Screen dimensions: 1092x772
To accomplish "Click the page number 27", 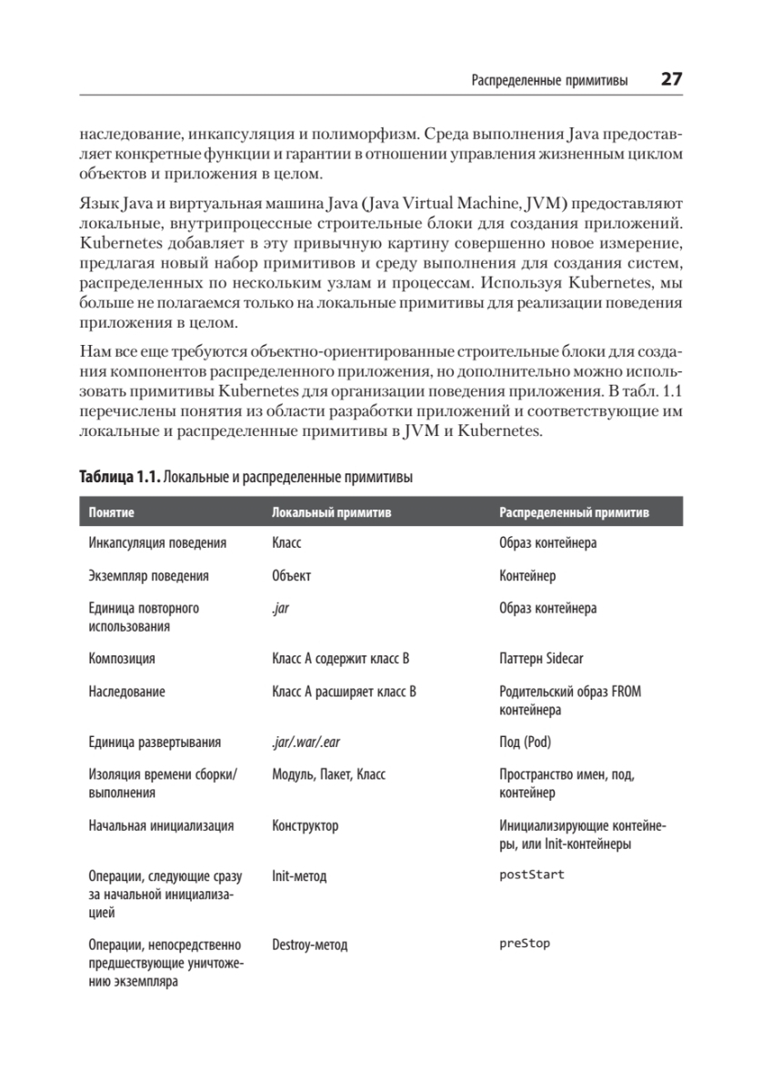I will coord(671,79).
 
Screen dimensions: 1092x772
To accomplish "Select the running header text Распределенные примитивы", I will coord(549,80).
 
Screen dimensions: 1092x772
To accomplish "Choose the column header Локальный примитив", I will coord(331,512).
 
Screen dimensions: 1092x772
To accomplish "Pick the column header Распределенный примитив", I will coord(574,512).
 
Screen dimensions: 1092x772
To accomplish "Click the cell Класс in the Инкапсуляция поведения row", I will coord(286,543).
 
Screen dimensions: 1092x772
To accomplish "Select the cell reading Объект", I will coord(291,576).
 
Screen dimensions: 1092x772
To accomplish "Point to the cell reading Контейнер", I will coord(527,576).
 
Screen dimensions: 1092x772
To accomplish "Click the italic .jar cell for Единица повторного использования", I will coord(280,609).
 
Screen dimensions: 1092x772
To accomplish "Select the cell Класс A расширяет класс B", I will coord(344,692).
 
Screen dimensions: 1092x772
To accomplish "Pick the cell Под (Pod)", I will coord(525,743).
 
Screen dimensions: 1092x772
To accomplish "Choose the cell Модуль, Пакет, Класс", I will coord(328,775).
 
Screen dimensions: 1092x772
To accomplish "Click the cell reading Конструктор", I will coord(305,826).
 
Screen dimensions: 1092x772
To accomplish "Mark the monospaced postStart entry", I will coord(531,875).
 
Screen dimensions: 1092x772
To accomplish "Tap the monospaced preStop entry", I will coord(525,944).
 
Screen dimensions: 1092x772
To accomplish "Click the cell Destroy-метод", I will coord(309,945).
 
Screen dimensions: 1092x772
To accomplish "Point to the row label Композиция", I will coord(122,659).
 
